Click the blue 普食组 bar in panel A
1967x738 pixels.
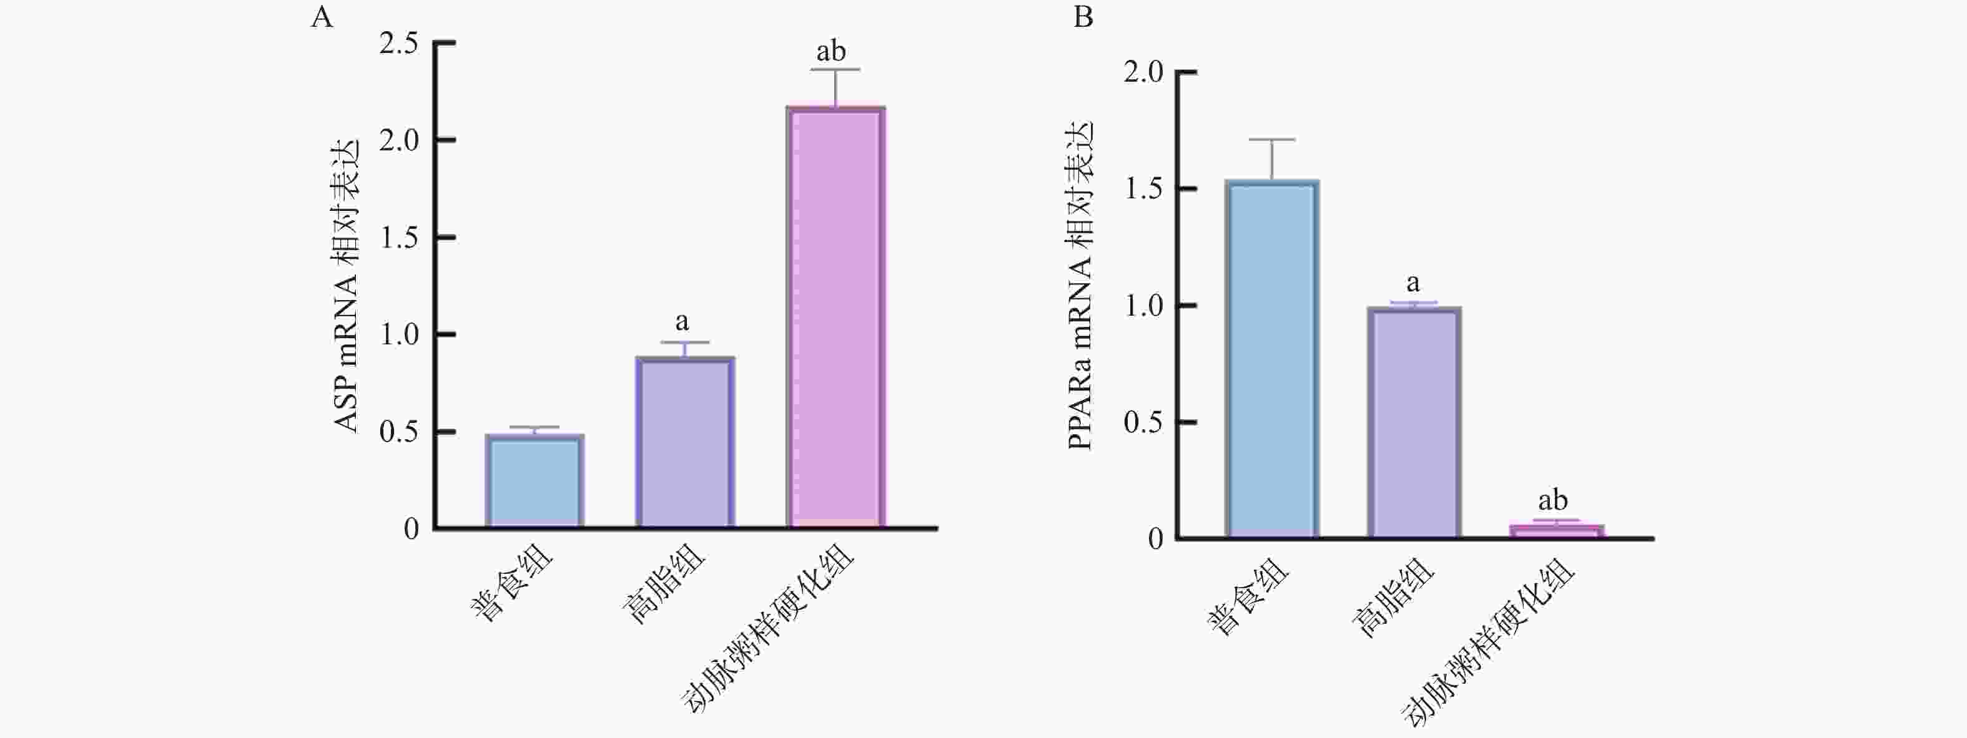click(x=535, y=481)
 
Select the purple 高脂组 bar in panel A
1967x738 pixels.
click(x=685, y=443)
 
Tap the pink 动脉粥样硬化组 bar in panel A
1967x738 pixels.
click(x=836, y=317)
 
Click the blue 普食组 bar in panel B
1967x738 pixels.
click(x=1272, y=359)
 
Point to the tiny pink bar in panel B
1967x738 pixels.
click(x=1557, y=531)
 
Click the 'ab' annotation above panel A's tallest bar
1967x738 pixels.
click(x=831, y=52)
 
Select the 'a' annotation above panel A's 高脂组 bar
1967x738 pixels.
click(x=682, y=322)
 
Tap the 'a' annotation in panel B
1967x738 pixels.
click(x=1412, y=284)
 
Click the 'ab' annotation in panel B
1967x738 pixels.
click(x=1552, y=501)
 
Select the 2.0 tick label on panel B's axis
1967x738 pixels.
click(x=1143, y=72)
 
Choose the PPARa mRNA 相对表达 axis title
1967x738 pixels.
click(x=1080, y=286)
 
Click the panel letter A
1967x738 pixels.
click(x=322, y=17)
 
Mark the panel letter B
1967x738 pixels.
click(x=1083, y=17)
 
